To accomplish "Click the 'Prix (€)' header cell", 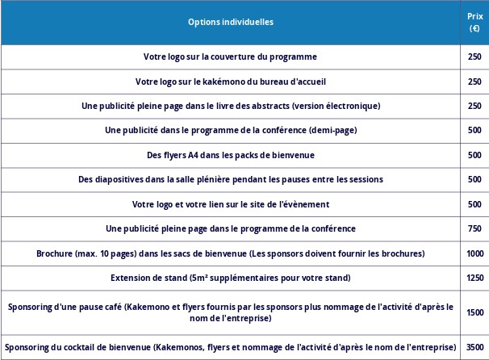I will pyautogui.click(x=474, y=22).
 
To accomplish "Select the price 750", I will pyautogui.click(x=474, y=228).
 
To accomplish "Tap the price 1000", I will pyautogui.click(x=474, y=253).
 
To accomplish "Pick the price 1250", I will pyautogui.click(x=474, y=278).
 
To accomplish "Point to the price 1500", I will pyautogui.click(x=474, y=312).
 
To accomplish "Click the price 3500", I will pyautogui.click(x=474, y=347).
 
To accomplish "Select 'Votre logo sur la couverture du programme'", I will pyautogui.click(x=230, y=57).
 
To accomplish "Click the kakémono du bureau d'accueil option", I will pyautogui.click(x=230, y=82).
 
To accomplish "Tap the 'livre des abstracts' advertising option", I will pyautogui.click(x=230, y=106).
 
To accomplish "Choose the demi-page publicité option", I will pyautogui.click(x=230, y=130).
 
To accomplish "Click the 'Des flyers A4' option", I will pyautogui.click(x=230, y=155).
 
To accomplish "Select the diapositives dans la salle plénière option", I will pyautogui.click(x=230, y=179).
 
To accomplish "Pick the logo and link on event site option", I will pyautogui.click(x=230, y=204).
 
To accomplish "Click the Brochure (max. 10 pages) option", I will pyautogui.click(x=230, y=253).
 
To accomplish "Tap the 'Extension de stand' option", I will pyautogui.click(x=230, y=278).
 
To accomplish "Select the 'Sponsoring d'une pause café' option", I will pyautogui.click(x=230, y=312).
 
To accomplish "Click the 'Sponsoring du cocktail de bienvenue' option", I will pyautogui.click(x=230, y=347).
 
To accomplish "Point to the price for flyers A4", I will pyautogui.click(x=474, y=155).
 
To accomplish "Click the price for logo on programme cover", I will pyautogui.click(x=474, y=57).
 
